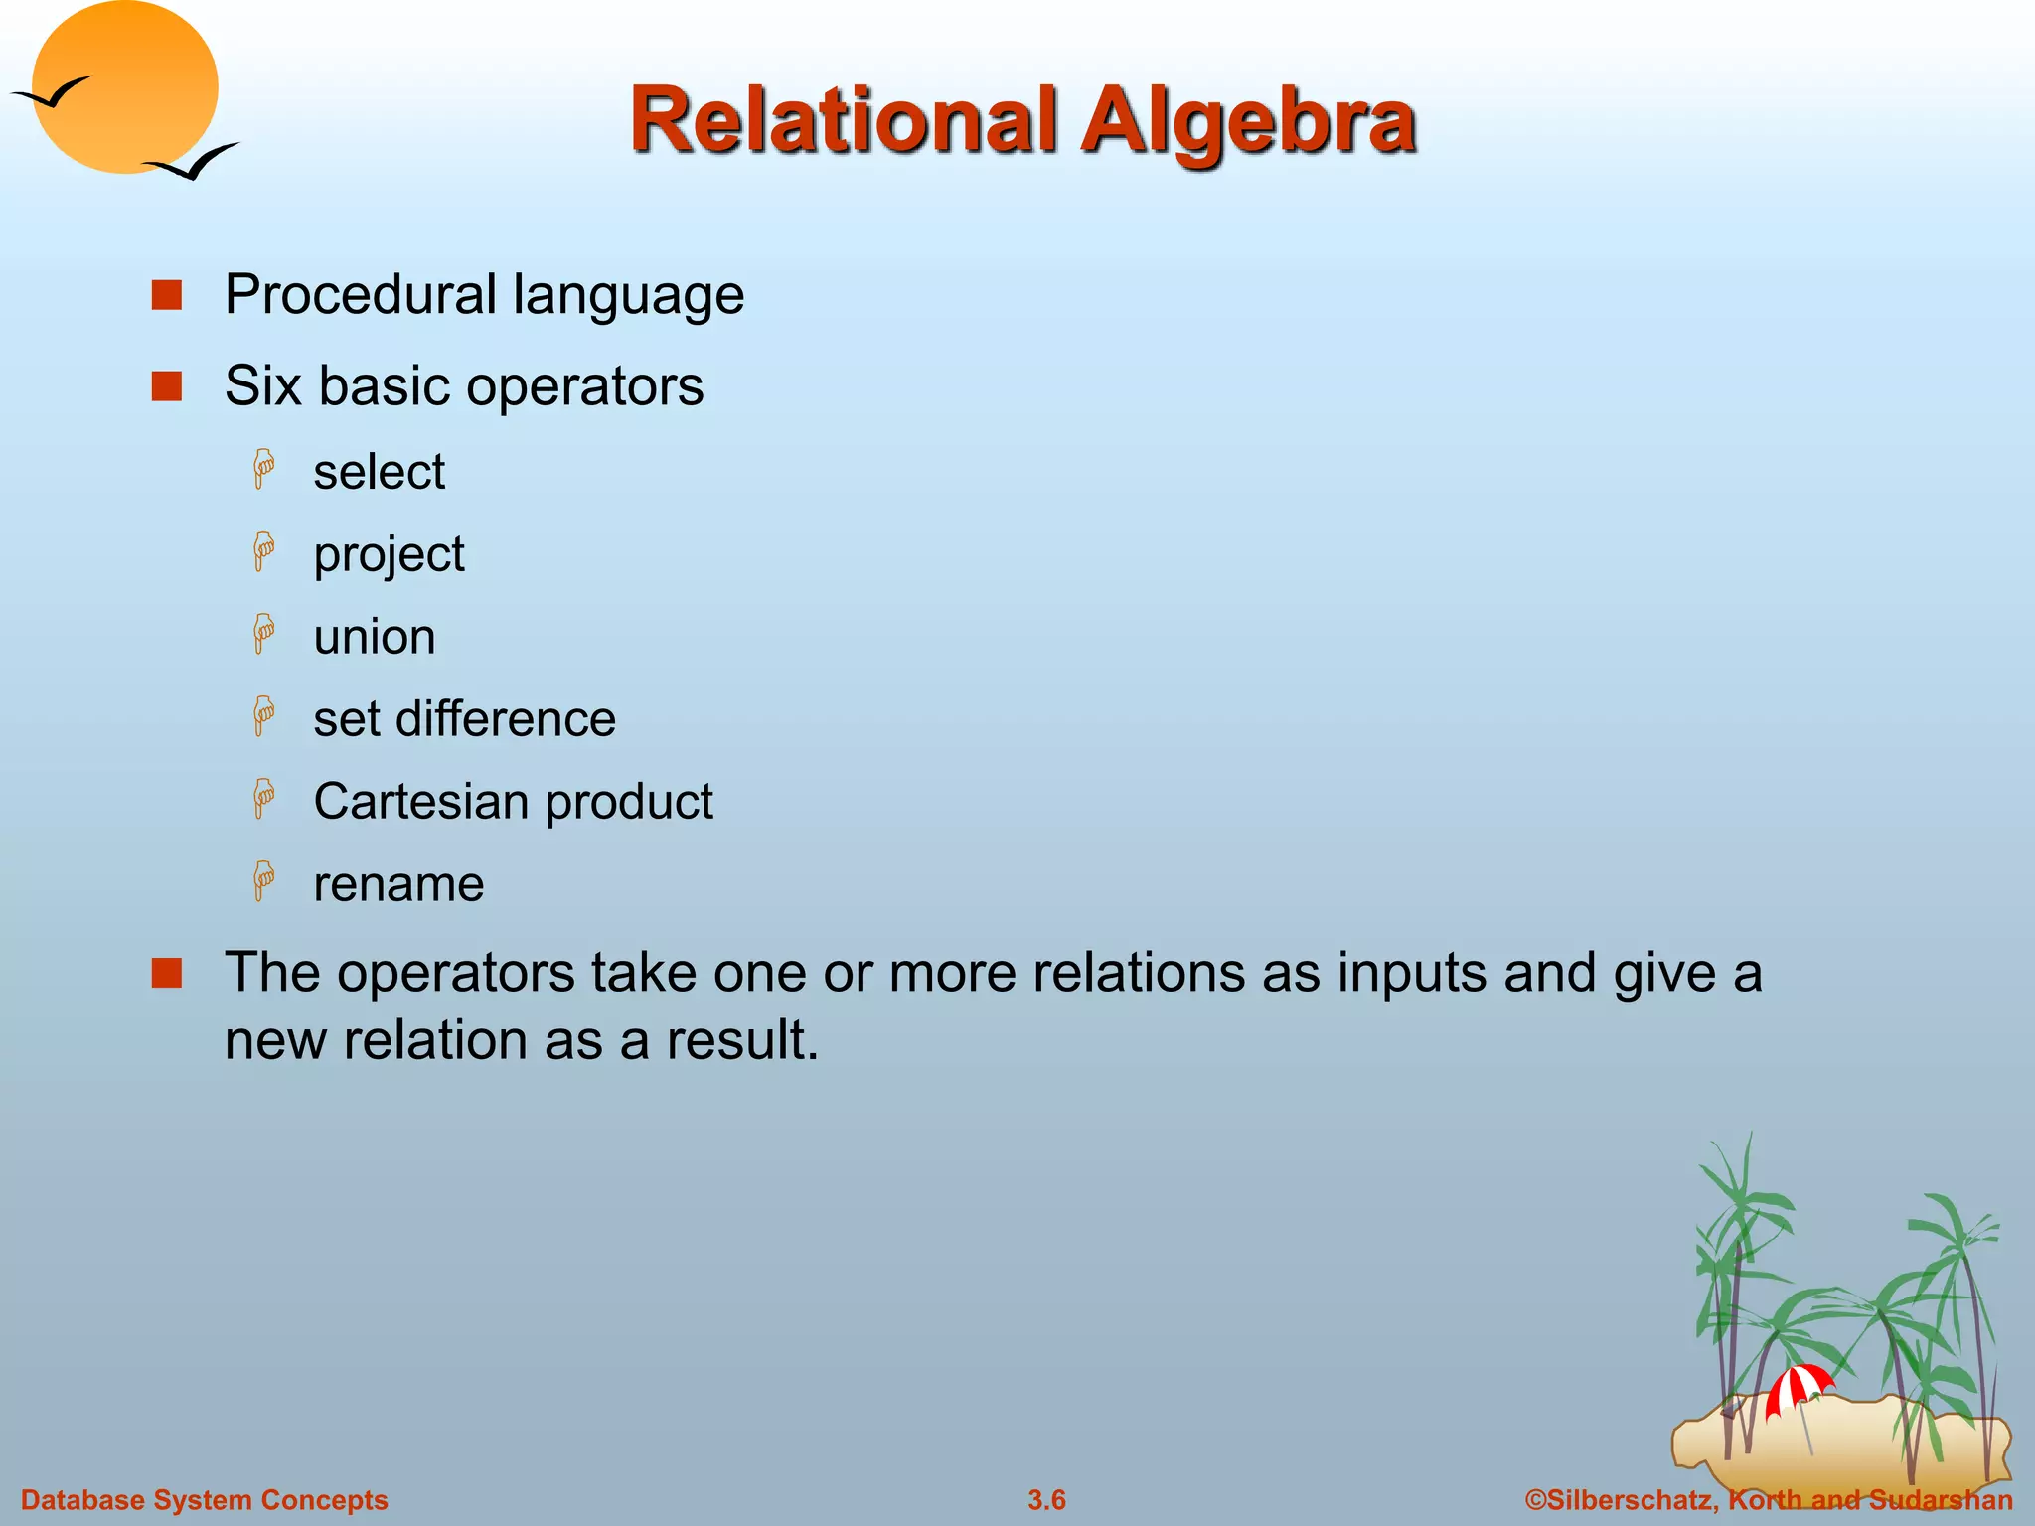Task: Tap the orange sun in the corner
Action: point(124,87)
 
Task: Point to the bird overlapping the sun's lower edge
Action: point(192,162)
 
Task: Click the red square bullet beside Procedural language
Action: point(167,296)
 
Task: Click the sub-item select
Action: point(379,472)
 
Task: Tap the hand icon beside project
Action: point(264,551)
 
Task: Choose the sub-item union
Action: point(375,637)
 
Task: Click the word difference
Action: point(505,719)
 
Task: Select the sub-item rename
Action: point(398,884)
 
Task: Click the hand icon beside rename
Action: point(264,881)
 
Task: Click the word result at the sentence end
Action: point(741,1040)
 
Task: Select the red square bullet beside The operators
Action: point(167,974)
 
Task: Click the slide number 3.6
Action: point(1046,1500)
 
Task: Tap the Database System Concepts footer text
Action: point(205,1500)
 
